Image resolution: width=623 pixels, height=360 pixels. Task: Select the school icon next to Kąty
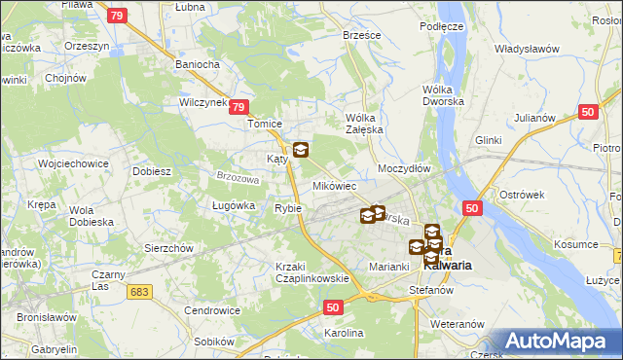[301, 150]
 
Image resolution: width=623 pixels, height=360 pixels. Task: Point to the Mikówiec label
[334, 185]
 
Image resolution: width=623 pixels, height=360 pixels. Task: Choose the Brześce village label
[362, 34]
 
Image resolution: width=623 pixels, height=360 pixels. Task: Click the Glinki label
[488, 139]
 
